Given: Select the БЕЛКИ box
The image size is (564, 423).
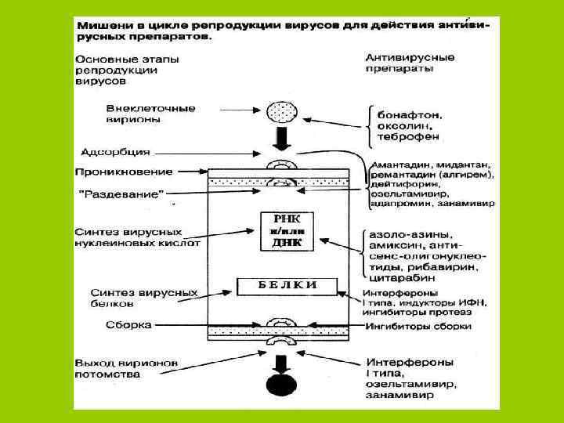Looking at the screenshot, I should pos(287,284).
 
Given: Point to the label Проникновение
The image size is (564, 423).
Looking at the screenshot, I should pos(124,171).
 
